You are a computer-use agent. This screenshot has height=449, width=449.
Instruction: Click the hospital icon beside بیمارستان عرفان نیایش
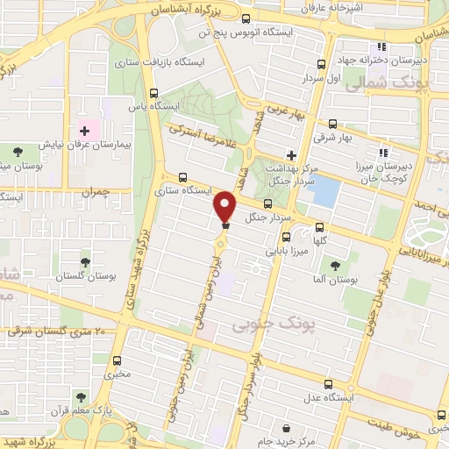[98, 130]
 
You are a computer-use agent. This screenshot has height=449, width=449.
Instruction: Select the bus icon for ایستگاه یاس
[154, 93]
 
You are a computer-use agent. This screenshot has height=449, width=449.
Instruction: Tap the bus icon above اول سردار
[323, 64]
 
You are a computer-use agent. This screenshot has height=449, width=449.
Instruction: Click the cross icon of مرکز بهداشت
[291, 154]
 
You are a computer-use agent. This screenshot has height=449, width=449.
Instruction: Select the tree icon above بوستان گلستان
[84, 262]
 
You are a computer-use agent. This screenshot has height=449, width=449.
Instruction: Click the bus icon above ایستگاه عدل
[329, 383]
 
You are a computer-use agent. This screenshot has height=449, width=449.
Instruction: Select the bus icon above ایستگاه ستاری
[182, 176]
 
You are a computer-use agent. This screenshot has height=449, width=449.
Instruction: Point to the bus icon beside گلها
[319, 227]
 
